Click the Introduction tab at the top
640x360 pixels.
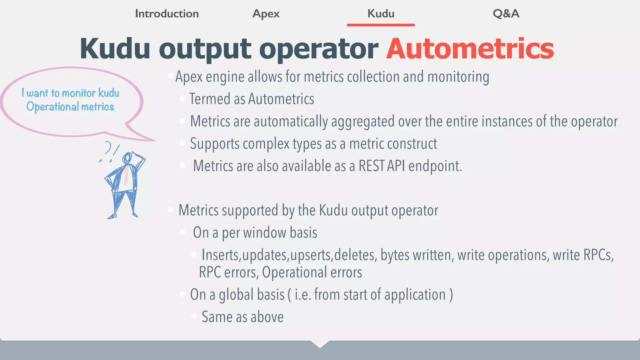pyautogui.click(x=167, y=14)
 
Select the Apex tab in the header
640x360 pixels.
pyautogui.click(x=266, y=14)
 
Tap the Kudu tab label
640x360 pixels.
pyautogui.click(x=381, y=14)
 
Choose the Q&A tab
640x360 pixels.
pyautogui.click(x=506, y=14)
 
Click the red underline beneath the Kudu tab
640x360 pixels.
pyautogui.click(x=381, y=25)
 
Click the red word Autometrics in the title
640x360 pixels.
pyautogui.click(x=470, y=49)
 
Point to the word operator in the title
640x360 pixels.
pyautogui.click(x=319, y=49)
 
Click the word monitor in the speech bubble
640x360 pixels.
pyautogui.click(x=79, y=93)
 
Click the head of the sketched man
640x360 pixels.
pyautogui.click(x=127, y=158)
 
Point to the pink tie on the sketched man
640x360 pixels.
pyautogui.click(x=126, y=177)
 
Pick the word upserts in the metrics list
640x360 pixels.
pyautogui.click(x=311, y=255)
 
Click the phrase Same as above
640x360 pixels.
pyautogui.click(x=242, y=317)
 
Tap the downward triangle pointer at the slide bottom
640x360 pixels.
pyautogui.click(x=320, y=344)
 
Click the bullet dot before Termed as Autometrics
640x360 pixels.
pyautogui.click(x=182, y=99)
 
